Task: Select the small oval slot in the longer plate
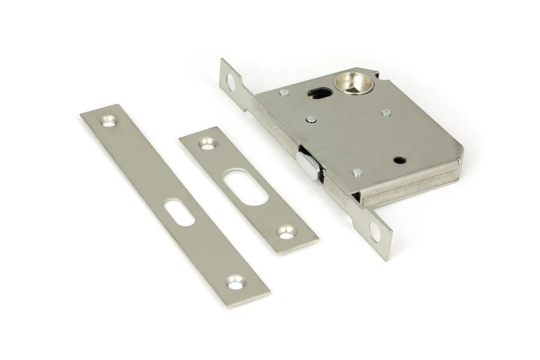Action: click(x=178, y=212)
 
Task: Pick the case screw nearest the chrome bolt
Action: click(x=358, y=173)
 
